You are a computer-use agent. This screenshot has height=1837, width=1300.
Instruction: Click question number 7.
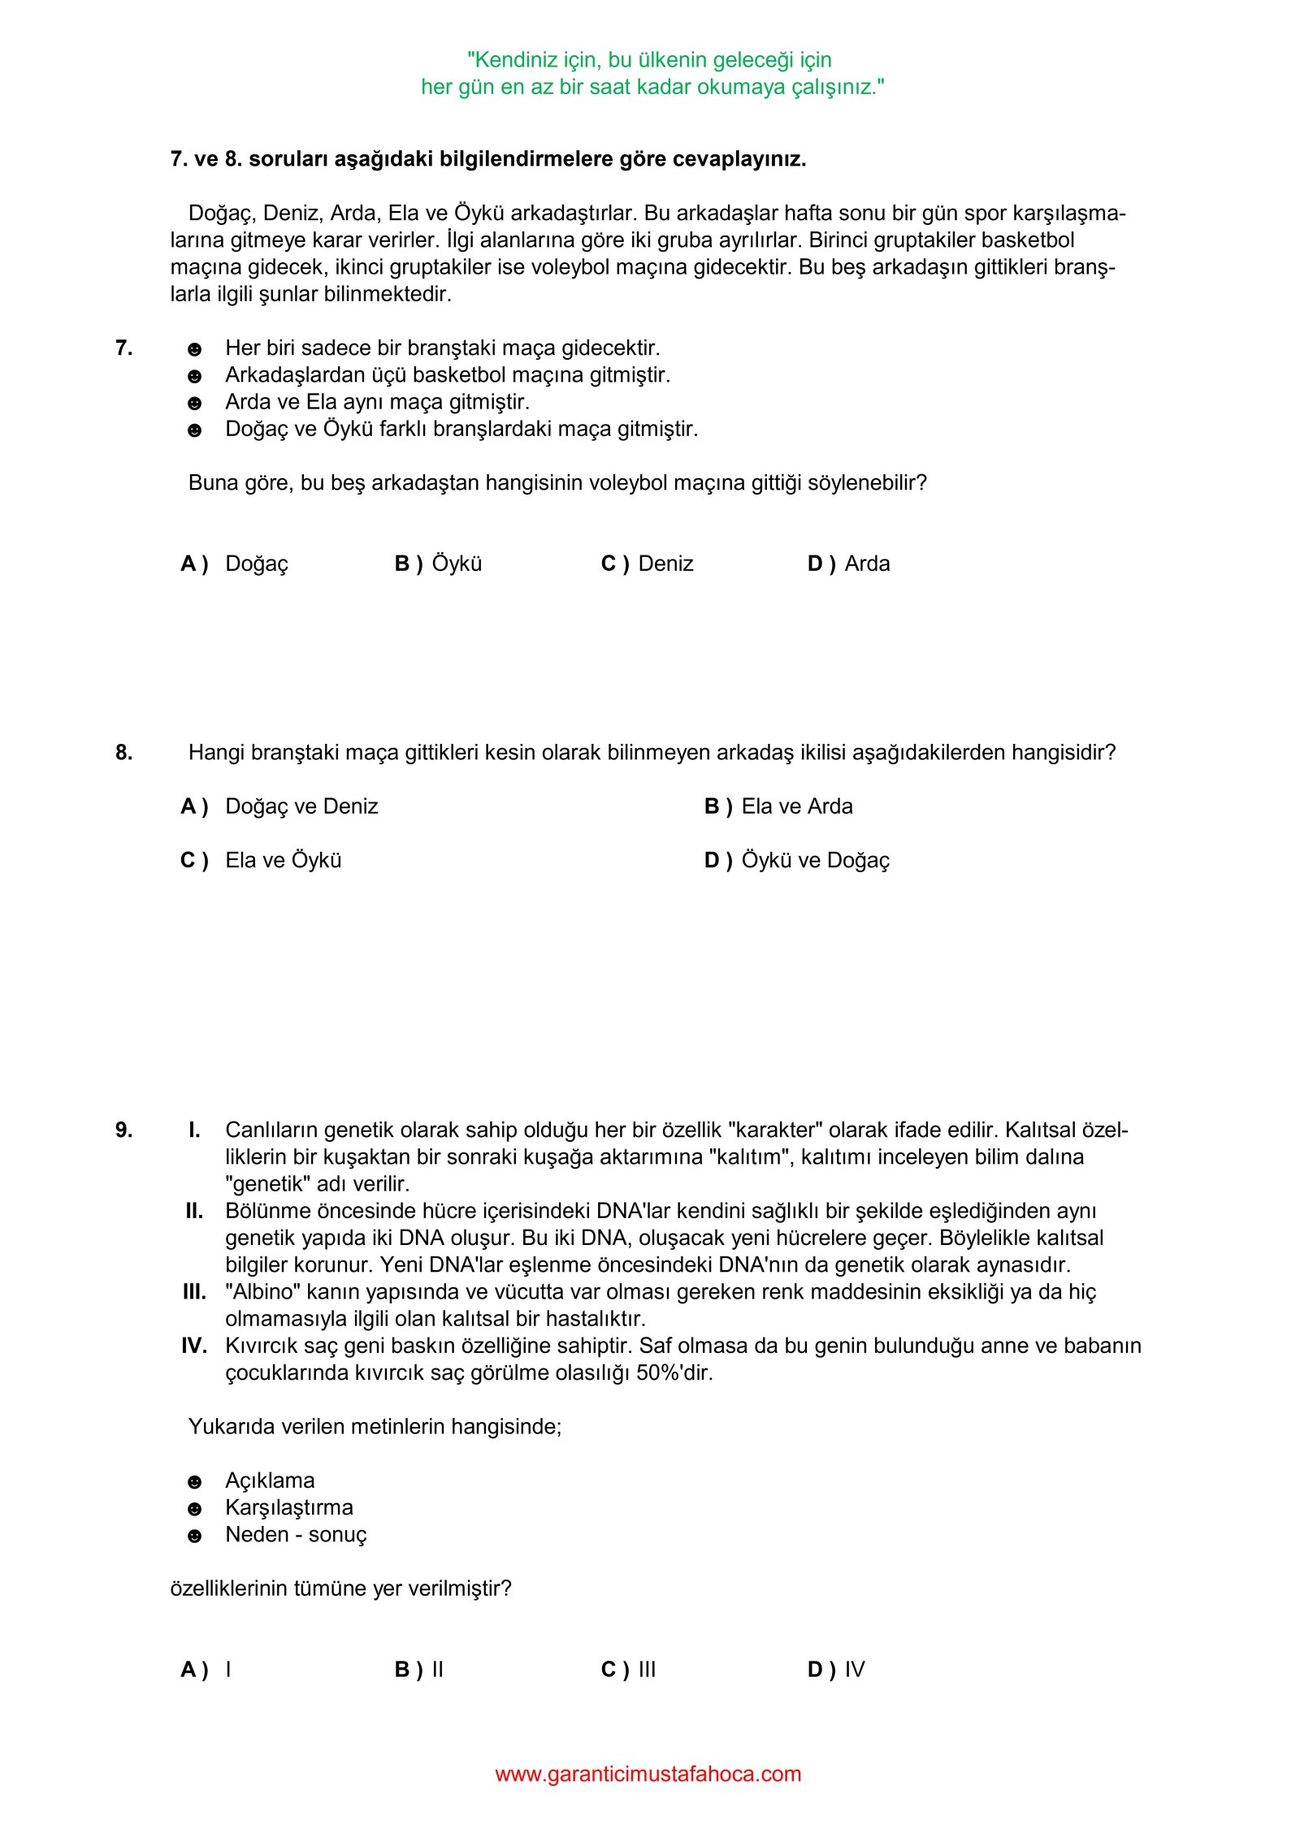click(x=123, y=348)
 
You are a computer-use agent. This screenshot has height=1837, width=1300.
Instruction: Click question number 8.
click(x=123, y=753)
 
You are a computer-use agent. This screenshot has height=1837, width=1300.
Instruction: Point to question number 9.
click(x=123, y=1130)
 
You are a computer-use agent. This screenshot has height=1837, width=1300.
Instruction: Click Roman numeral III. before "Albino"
click(x=194, y=1292)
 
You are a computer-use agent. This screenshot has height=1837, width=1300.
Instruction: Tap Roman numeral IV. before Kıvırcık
click(x=194, y=1346)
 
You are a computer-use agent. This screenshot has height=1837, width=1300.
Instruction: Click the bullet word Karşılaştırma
click(x=289, y=1508)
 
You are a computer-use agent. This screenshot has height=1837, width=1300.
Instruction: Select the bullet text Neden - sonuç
click(x=296, y=1535)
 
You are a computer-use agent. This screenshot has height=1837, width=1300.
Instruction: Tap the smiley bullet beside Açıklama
click(x=194, y=1482)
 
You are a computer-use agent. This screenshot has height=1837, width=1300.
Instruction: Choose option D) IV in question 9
click(x=836, y=1670)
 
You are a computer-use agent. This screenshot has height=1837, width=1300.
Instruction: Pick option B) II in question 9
click(x=419, y=1670)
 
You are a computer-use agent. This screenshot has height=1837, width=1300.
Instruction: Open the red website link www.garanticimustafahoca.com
click(x=648, y=1774)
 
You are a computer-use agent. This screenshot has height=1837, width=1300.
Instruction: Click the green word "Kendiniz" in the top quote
click(x=513, y=60)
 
